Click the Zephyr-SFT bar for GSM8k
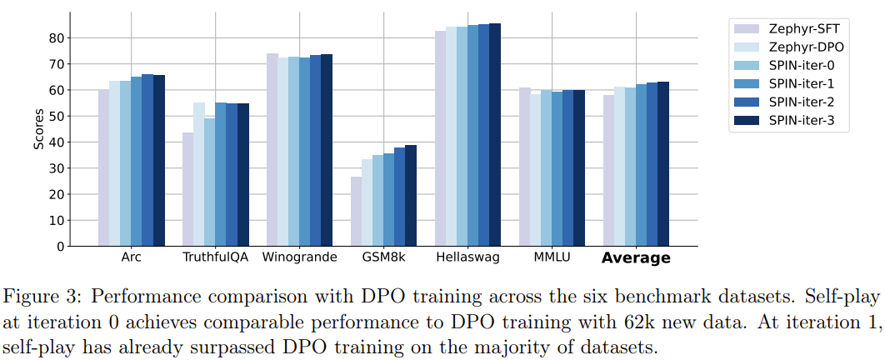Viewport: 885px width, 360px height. click(356, 212)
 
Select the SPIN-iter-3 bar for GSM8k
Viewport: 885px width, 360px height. click(410, 196)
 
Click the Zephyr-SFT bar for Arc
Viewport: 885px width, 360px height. click(103, 167)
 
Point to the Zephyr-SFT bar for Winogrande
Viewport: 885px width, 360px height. click(272, 150)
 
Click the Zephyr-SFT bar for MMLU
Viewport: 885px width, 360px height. click(524, 167)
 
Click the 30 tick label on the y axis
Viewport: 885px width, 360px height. click(57, 168)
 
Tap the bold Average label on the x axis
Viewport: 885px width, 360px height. click(636, 258)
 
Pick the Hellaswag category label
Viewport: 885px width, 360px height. click(467, 257)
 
